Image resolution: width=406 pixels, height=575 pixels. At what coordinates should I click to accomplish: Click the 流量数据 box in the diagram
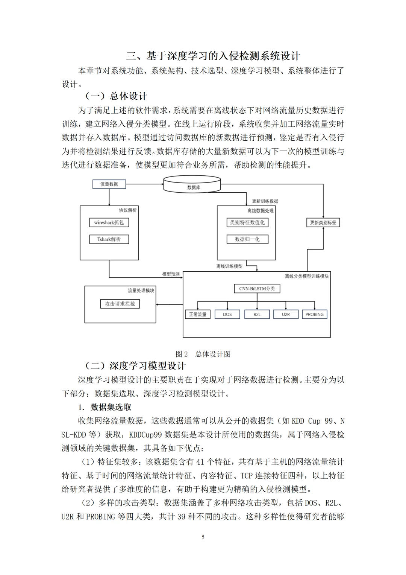(x=109, y=184)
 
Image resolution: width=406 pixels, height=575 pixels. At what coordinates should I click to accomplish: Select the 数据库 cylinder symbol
(x=194, y=185)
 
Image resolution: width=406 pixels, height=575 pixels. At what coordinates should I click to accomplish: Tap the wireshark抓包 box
(x=109, y=222)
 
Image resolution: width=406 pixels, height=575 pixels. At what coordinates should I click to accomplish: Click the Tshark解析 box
(x=109, y=239)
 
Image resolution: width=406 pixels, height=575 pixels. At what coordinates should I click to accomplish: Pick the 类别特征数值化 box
(x=247, y=222)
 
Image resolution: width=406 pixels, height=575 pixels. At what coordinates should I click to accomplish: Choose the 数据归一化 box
(x=247, y=239)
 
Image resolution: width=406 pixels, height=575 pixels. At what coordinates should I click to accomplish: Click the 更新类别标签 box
(x=323, y=222)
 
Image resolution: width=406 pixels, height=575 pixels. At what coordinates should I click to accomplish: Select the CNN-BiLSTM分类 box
(x=257, y=289)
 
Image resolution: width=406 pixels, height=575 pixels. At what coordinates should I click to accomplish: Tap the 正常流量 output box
(x=198, y=314)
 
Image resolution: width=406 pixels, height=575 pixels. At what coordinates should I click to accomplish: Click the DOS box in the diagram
(x=227, y=314)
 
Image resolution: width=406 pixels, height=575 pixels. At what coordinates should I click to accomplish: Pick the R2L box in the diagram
(x=257, y=314)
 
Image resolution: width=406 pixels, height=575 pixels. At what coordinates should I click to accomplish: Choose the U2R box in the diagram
(x=286, y=314)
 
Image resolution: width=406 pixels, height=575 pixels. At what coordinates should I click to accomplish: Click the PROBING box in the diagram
(x=315, y=314)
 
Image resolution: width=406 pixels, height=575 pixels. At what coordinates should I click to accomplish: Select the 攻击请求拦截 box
(x=120, y=304)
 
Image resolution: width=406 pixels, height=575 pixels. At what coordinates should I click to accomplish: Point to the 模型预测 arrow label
(x=171, y=274)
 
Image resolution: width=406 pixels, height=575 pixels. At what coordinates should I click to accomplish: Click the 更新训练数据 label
(x=265, y=201)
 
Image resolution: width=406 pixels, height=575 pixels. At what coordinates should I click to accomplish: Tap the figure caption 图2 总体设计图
(x=203, y=354)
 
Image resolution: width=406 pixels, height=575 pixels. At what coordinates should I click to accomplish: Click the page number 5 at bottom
(x=203, y=537)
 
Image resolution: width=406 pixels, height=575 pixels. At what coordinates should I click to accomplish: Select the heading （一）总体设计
(x=116, y=96)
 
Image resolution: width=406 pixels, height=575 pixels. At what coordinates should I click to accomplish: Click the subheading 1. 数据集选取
(x=105, y=407)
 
